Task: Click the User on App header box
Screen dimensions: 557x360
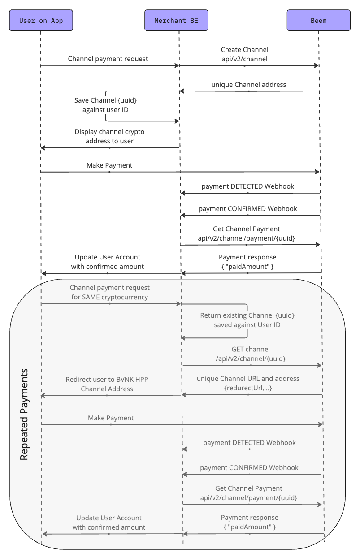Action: coord(41,21)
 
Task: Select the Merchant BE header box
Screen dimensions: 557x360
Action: coord(176,21)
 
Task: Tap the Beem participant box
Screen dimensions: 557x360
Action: coord(318,21)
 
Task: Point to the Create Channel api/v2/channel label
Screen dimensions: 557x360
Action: coord(244,54)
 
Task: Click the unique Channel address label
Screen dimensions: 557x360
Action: coord(248,84)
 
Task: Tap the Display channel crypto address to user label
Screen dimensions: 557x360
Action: coord(109,136)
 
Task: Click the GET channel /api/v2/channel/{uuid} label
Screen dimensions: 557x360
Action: coord(251,354)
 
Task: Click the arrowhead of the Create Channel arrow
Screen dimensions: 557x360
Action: coord(317,66)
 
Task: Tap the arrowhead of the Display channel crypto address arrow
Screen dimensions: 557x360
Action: coord(43,147)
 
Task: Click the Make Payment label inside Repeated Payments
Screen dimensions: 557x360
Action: coord(111,418)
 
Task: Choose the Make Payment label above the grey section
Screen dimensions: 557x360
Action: coord(109,165)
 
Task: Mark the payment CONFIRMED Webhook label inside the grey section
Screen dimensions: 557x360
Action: coord(249,467)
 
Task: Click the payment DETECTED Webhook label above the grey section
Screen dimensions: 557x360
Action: coord(248,186)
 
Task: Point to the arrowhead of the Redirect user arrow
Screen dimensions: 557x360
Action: coord(43,395)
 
